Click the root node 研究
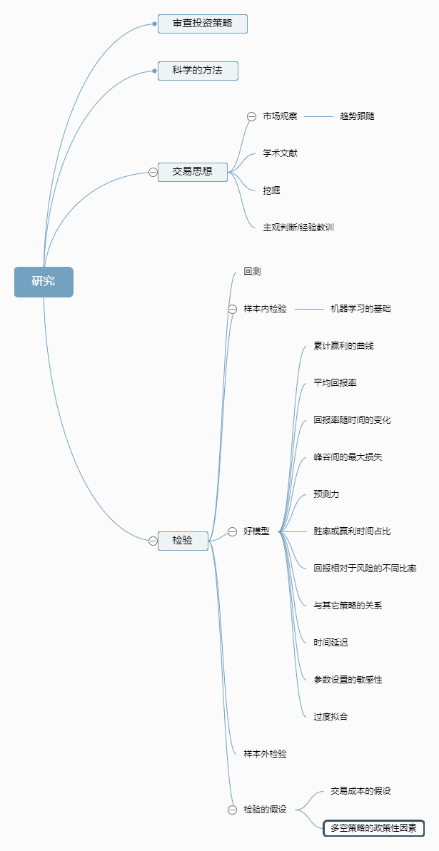click(x=44, y=281)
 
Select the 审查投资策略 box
click(x=203, y=24)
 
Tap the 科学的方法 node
click(x=198, y=71)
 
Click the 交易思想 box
click(x=193, y=172)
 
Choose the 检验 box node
click(x=183, y=541)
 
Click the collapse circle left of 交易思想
click(x=153, y=172)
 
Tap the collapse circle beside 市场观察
click(x=251, y=116)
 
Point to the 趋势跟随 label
click(x=357, y=116)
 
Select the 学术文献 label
click(x=280, y=153)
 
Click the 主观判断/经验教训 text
click(x=298, y=228)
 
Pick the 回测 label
click(x=253, y=272)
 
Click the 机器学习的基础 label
click(x=360, y=309)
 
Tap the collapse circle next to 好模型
click(x=232, y=531)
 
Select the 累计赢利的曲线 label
click(x=343, y=346)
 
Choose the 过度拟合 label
click(x=330, y=717)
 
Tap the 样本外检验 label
click(x=265, y=754)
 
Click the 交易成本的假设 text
click(x=360, y=791)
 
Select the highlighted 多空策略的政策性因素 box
click(x=373, y=828)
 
